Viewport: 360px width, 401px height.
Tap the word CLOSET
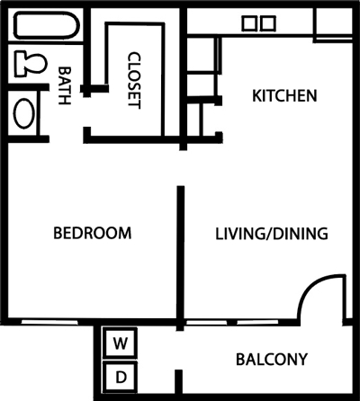point(134,79)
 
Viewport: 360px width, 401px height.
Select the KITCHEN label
point(283,95)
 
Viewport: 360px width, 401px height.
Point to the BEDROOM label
point(92,234)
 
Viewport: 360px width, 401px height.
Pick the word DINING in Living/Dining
point(298,234)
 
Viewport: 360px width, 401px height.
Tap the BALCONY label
point(271,360)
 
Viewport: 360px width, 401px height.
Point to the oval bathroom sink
point(24,114)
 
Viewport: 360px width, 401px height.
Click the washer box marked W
point(119,343)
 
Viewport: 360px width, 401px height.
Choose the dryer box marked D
point(119,375)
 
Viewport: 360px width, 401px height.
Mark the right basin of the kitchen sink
point(267,23)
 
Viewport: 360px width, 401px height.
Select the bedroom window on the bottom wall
point(54,321)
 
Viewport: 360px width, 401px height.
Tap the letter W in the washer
point(119,343)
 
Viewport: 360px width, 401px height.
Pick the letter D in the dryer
point(119,375)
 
